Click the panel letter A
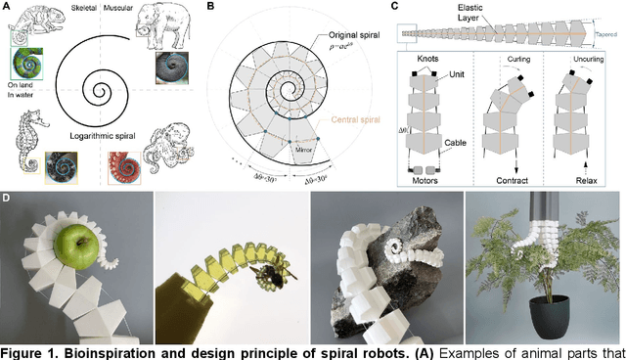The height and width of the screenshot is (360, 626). [6, 7]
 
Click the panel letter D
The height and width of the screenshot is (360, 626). [6, 199]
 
